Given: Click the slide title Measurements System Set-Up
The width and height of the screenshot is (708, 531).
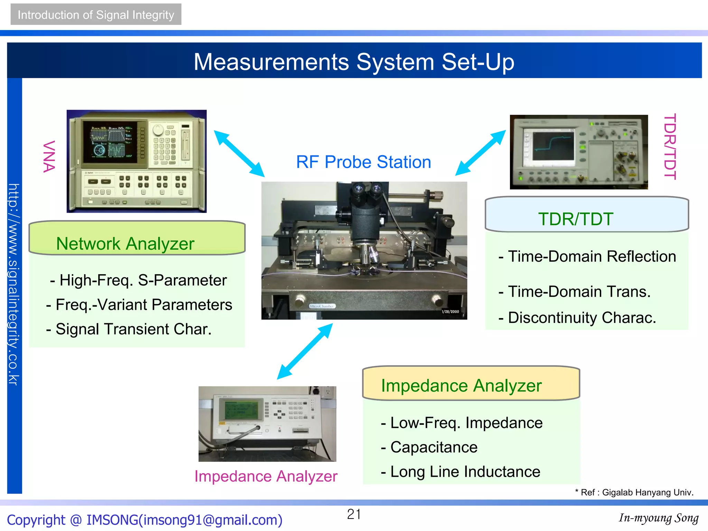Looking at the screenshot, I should (354, 62).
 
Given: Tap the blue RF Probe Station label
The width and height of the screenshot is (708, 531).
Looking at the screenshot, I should (363, 162).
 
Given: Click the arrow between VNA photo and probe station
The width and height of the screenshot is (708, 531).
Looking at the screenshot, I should (239, 153).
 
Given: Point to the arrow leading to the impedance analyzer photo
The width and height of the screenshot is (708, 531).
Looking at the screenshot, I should (305, 351).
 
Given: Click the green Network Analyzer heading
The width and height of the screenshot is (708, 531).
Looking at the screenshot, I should (125, 244).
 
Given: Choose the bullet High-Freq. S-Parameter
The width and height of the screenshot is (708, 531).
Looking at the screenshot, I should (138, 280).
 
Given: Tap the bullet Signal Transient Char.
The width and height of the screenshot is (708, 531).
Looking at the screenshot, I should (129, 329).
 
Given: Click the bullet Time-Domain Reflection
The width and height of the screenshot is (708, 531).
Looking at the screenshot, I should (587, 257).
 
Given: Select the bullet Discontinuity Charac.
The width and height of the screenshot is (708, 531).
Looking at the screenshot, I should (577, 318).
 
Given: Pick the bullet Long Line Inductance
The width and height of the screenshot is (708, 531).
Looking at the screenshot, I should (460, 472).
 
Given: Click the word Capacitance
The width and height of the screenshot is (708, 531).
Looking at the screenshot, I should (434, 447).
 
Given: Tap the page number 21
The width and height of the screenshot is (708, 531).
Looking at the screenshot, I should (354, 514).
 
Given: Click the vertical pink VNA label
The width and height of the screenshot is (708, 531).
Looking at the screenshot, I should (49, 156).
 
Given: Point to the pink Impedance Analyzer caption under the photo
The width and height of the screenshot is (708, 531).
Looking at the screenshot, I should (265, 476).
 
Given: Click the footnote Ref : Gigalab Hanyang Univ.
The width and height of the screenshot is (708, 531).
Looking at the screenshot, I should (634, 493).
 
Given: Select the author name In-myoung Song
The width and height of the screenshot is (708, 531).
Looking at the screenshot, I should (659, 518).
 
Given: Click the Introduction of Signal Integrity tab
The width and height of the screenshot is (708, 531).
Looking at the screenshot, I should (96, 15).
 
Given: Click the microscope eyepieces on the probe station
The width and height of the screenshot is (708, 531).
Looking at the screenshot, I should (367, 189).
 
